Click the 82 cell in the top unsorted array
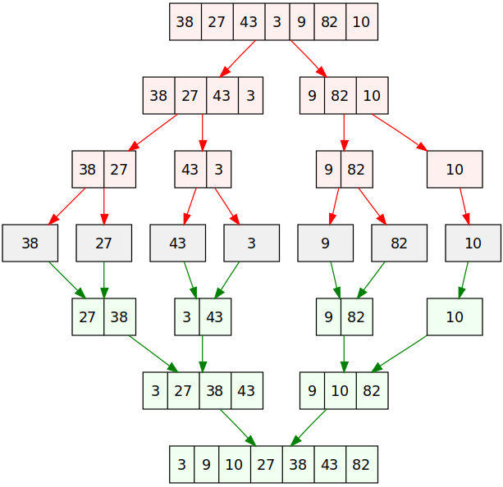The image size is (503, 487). coord(330,22)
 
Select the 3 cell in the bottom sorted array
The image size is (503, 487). coord(182,464)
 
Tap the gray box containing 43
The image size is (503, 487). coord(178,243)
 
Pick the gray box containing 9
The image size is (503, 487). coord(325,243)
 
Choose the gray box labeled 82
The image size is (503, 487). coord(400,243)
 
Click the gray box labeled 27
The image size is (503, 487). coord(104,243)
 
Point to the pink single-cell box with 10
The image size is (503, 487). coord(455,169)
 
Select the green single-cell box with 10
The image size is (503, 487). coord(455,316)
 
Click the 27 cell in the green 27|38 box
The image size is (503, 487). coord(88,316)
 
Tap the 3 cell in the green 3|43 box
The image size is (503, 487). coord(187,316)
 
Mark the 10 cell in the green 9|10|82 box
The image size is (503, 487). coord(340,390)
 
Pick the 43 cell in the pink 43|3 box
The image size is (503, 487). coord(190,169)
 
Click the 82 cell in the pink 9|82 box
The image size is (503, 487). coord(357,169)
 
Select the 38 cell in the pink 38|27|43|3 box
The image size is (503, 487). coord(159,96)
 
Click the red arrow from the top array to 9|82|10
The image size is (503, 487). coord(309,59)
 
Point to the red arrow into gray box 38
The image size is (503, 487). coord(66,207)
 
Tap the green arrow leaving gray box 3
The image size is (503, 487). coord(227,280)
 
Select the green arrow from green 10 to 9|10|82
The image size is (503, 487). coord(400,354)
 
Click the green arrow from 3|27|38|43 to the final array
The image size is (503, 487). coord(238,428)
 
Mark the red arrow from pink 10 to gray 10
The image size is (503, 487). coord(464,207)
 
